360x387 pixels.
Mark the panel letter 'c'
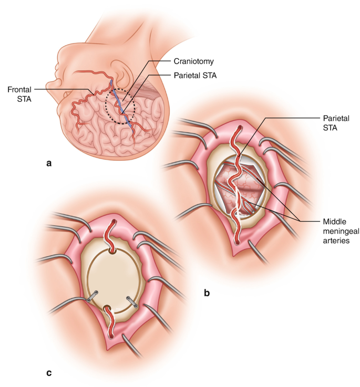(x=49, y=373)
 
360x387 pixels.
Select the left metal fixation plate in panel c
(x=92, y=298)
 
